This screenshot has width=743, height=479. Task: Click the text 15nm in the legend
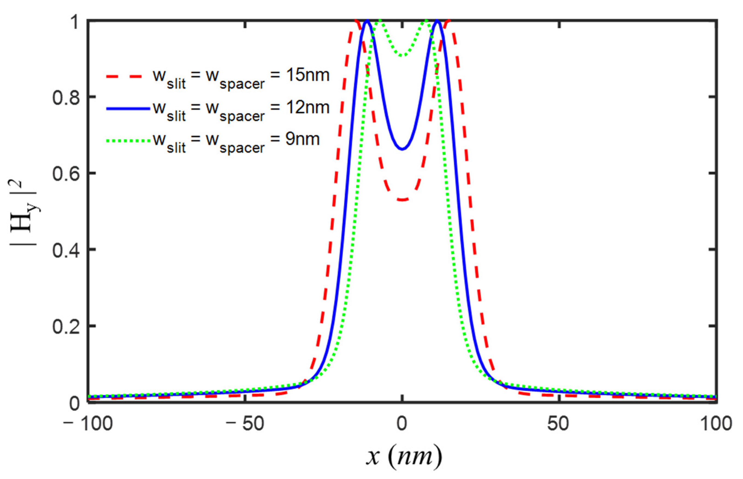point(307,75)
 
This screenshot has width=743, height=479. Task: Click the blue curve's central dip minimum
point(402,149)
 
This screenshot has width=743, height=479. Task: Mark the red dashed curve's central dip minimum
point(402,199)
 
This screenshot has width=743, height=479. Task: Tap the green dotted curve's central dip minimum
point(402,56)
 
